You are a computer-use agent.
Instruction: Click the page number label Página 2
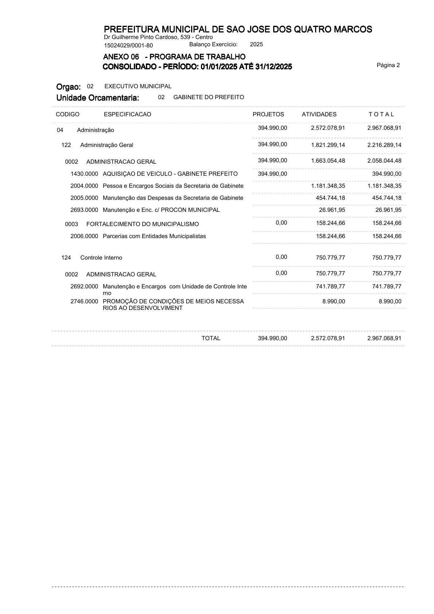coord(388,65)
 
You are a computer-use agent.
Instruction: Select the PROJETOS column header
coord(268,114)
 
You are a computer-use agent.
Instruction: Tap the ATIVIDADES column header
coord(319,114)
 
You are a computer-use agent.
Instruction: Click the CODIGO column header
coord(67,114)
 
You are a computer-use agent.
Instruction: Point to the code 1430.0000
coord(84,174)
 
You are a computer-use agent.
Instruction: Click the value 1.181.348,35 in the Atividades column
coord(328,186)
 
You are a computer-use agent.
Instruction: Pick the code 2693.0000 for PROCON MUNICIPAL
coord(84,210)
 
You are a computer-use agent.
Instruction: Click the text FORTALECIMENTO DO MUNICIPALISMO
coord(143,224)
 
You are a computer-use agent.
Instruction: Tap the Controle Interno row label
coord(101,258)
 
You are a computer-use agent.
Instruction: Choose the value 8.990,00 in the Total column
coord(390,302)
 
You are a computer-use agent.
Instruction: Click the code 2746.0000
coord(84,302)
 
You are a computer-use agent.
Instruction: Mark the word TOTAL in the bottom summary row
coord(211,338)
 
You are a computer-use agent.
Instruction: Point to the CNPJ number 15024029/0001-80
coord(128,46)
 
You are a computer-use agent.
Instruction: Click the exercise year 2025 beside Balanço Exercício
coord(256,44)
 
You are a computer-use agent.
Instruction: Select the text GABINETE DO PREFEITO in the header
coord(209,97)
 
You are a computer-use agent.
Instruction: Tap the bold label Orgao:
coord(69,87)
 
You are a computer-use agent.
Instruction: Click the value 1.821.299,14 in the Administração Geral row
coord(328,145)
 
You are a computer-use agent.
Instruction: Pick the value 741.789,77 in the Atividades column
coord(330,287)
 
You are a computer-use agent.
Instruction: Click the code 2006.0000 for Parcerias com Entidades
coord(84,236)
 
